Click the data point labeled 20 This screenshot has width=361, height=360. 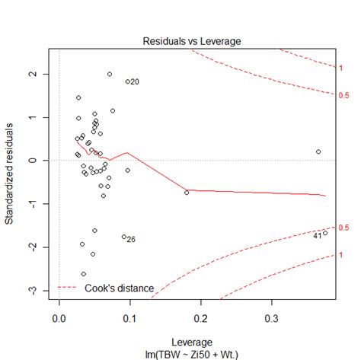(x=128, y=81)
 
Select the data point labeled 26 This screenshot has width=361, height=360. (x=124, y=237)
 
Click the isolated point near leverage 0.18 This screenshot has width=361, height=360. (x=187, y=193)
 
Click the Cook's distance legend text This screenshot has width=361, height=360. (x=120, y=288)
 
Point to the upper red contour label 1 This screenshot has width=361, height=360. (x=340, y=68)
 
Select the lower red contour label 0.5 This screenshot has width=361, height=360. (x=343, y=228)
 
